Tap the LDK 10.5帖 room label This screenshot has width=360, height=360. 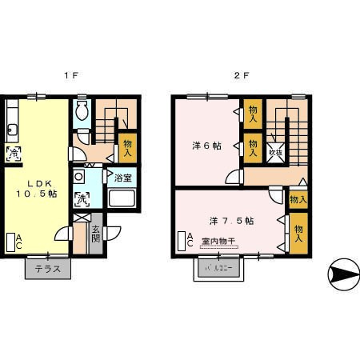(x=37, y=187)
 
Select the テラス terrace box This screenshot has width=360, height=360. (x=48, y=269)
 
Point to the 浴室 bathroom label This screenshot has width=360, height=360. (x=123, y=177)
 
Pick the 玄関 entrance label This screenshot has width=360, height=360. (x=95, y=234)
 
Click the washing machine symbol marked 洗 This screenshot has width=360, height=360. (x=82, y=198)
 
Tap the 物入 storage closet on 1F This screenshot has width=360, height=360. (x=127, y=148)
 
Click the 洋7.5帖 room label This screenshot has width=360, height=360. (x=232, y=220)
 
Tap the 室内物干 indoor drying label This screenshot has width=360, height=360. (x=218, y=241)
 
